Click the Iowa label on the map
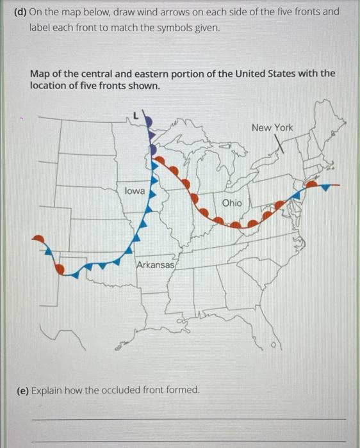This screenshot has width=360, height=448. [135, 191]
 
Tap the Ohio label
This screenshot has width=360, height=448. [232, 202]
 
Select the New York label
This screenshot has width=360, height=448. [272, 127]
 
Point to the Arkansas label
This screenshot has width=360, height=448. [156, 264]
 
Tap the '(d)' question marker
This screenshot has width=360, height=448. [20, 12]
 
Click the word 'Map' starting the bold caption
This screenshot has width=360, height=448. [40, 73]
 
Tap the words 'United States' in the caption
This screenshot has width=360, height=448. [275, 73]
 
